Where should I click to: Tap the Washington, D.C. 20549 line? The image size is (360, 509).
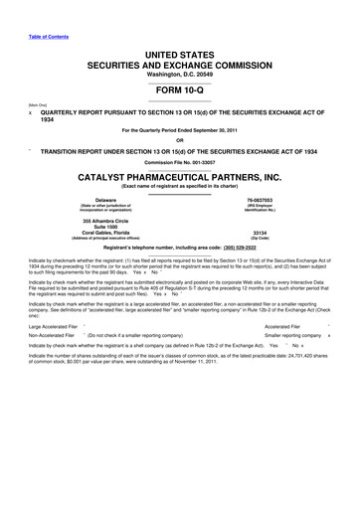pos(179,73)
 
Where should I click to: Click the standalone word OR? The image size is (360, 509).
pos(179,139)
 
